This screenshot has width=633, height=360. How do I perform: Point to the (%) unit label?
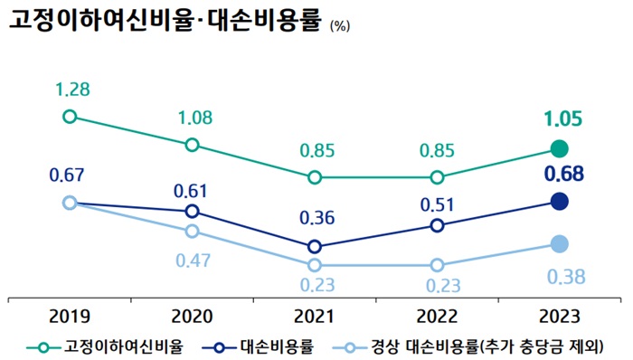click(340, 26)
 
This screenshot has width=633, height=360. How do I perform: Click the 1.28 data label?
click(70, 90)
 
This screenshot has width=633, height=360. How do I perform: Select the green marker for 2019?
click(70, 117)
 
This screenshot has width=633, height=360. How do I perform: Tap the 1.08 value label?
click(192, 118)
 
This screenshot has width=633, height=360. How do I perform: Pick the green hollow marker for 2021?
click(314, 177)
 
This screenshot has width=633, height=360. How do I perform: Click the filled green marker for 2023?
click(560, 148)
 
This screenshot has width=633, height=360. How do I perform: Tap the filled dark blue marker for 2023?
click(560, 202)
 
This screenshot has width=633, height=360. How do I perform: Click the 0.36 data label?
click(314, 218)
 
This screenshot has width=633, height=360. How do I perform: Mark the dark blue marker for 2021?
click(314, 246)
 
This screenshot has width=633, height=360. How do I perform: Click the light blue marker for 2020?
click(192, 232)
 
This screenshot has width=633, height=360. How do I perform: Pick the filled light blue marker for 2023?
click(560, 244)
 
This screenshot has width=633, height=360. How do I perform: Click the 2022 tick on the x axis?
click(437, 316)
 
